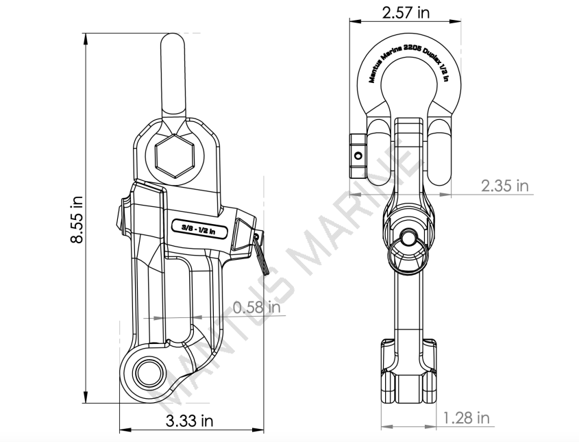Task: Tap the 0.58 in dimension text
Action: pyautogui.click(x=256, y=308)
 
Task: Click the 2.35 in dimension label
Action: pyautogui.click(x=506, y=185)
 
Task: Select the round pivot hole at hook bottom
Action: pyautogui.click(x=145, y=373)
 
